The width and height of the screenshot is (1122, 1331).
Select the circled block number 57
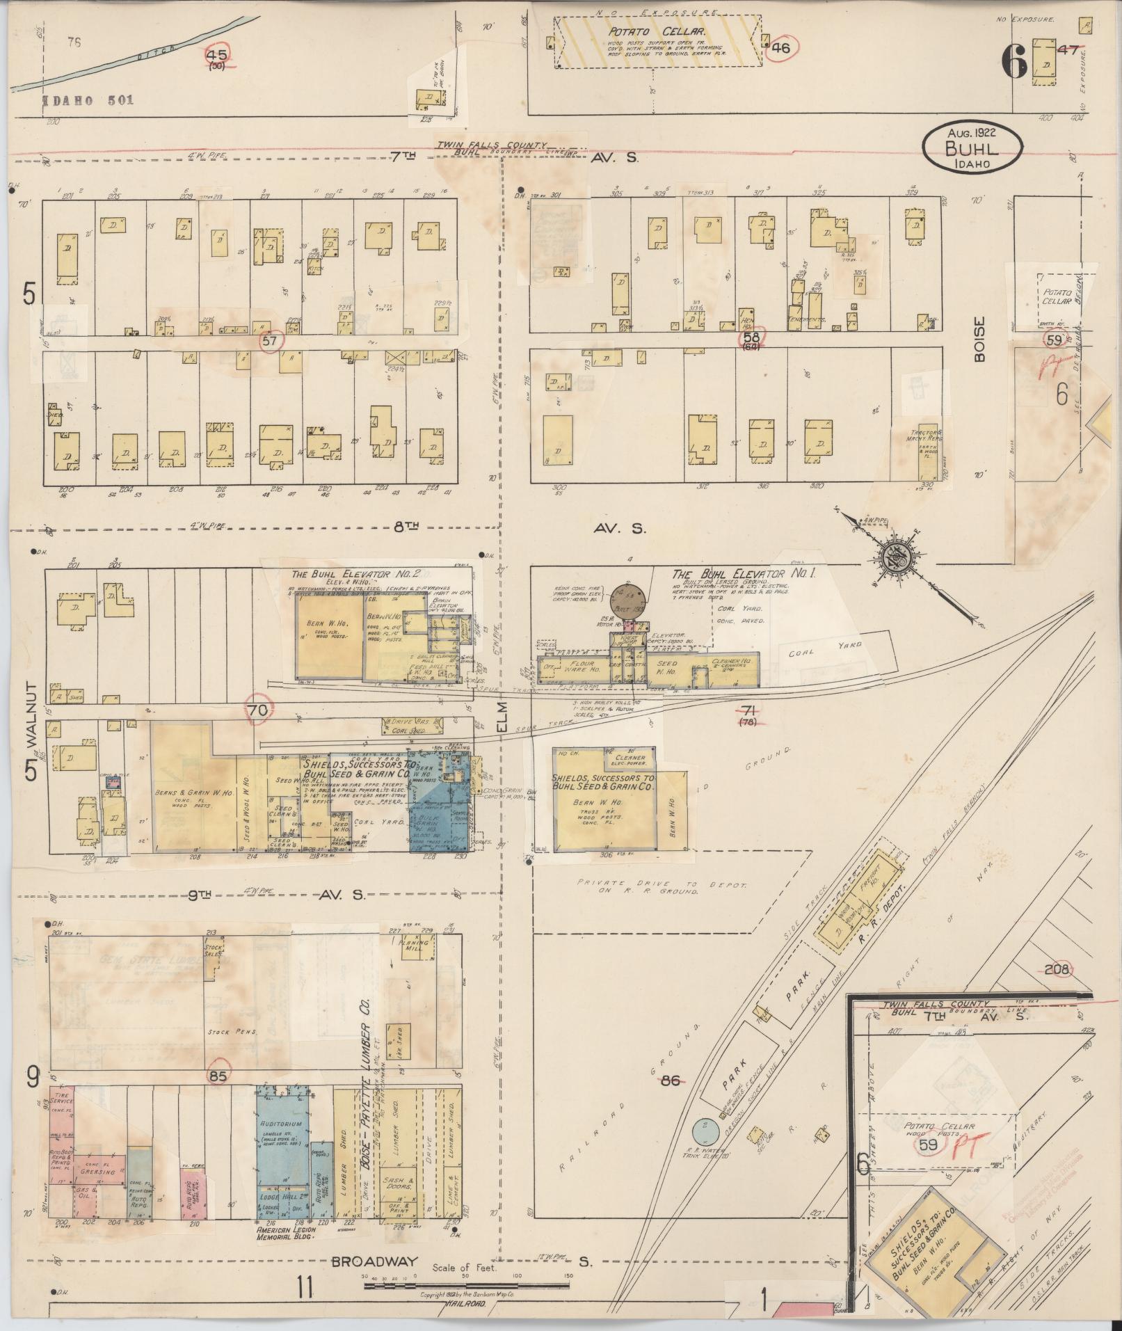[269, 340]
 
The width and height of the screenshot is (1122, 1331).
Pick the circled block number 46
[780, 48]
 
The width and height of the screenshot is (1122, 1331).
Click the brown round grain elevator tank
[630, 598]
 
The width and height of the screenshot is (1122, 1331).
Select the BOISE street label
[979, 339]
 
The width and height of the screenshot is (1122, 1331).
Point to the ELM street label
[503, 717]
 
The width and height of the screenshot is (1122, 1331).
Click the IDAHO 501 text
[88, 100]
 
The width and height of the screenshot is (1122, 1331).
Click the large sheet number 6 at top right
[1013, 66]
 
